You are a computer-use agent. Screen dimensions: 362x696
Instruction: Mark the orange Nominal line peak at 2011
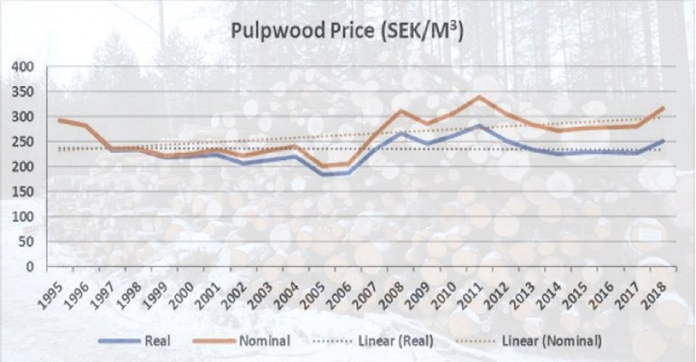coord(481,97)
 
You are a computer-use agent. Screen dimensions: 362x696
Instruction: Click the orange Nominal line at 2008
coord(402,110)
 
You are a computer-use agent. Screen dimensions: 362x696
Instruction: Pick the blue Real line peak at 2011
coord(481,126)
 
